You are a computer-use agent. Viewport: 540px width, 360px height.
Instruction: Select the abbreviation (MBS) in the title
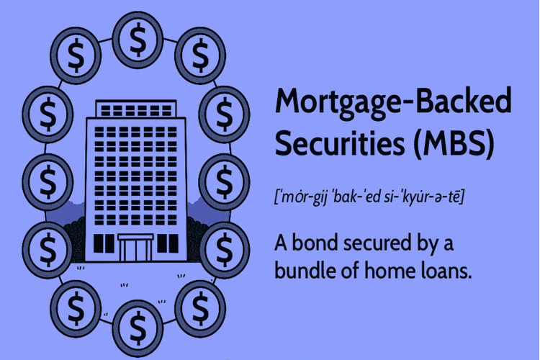[x=454, y=144]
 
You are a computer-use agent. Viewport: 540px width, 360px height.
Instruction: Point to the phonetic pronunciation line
[x=369, y=197]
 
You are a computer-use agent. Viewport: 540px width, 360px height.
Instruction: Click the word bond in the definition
[x=313, y=243]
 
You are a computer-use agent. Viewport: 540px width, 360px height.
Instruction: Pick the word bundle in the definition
[x=305, y=271]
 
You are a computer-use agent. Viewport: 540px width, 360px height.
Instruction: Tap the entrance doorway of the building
[x=135, y=248]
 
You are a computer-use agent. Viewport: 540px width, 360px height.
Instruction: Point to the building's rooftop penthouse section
[x=135, y=109]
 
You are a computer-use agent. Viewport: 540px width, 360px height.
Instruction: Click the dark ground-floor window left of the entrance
[x=104, y=243]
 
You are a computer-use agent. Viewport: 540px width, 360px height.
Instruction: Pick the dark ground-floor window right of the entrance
[x=168, y=243]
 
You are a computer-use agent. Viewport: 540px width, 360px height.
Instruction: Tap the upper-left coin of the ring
[x=76, y=55]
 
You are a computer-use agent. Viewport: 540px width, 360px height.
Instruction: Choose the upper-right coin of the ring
[x=200, y=55]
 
